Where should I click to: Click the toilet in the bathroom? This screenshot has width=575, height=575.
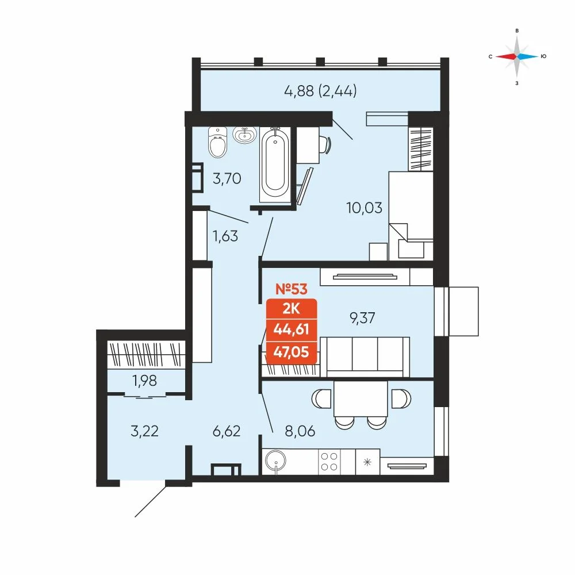[x=217, y=142]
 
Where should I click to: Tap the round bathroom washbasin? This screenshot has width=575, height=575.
[x=244, y=135]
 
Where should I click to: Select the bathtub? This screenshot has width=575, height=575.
[x=275, y=164]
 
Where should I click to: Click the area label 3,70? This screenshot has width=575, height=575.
[x=227, y=179]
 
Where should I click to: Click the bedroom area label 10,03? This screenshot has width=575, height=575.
[x=365, y=208]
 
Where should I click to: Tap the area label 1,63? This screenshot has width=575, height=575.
[x=225, y=236]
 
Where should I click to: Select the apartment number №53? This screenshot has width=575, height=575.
[x=292, y=289]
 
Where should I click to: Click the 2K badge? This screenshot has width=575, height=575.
[x=291, y=309]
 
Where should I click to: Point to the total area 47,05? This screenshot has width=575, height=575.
[x=291, y=352]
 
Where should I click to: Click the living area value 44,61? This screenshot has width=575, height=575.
[x=291, y=329]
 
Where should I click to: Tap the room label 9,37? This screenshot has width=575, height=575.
[x=362, y=318]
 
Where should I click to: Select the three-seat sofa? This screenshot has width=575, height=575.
[x=365, y=357]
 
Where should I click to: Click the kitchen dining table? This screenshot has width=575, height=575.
[x=361, y=398]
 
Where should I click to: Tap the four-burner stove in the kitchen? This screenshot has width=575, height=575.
[x=329, y=462]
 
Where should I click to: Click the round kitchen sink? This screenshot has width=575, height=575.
[x=276, y=461]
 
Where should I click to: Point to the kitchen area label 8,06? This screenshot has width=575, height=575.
[x=300, y=431]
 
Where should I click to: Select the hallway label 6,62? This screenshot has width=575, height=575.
[x=227, y=431]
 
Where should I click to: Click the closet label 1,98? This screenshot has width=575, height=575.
[x=145, y=381]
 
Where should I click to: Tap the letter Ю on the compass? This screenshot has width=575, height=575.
[x=543, y=56]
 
